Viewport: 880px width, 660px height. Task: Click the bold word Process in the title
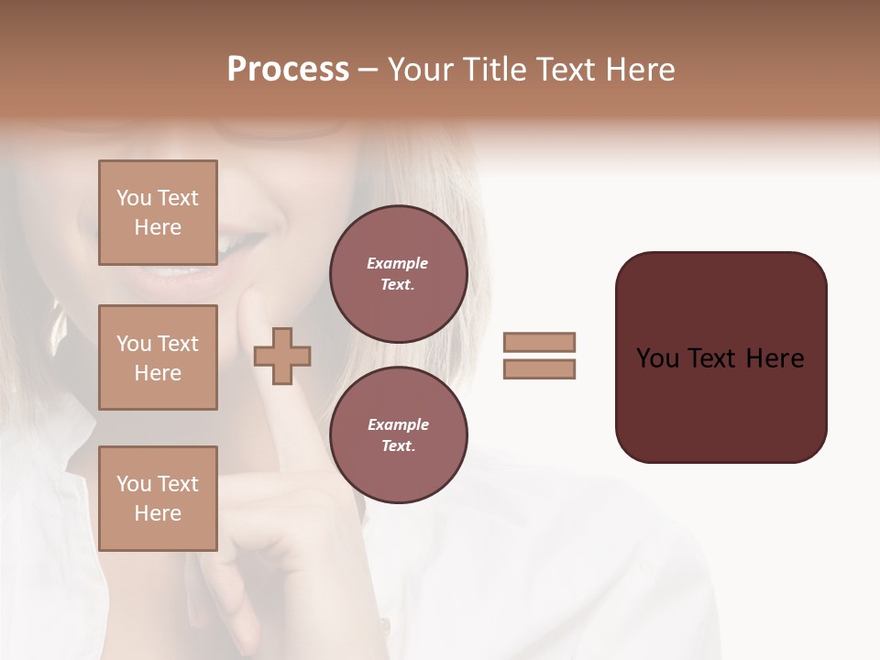click(288, 70)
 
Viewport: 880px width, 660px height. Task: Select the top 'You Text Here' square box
click(158, 214)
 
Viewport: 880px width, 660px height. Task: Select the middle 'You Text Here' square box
click(158, 357)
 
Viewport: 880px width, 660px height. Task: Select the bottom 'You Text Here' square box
click(158, 499)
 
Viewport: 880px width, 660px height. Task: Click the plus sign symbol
click(282, 356)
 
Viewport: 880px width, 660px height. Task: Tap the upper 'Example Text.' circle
click(398, 274)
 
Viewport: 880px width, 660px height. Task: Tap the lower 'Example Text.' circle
click(398, 435)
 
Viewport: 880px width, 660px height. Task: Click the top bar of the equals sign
click(539, 342)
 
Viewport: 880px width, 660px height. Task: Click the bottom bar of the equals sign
click(539, 369)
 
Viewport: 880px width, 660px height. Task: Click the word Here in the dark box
click(775, 358)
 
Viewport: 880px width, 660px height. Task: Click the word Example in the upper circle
click(398, 264)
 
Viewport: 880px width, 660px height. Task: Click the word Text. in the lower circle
click(398, 446)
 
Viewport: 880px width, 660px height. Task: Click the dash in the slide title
click(368, 71)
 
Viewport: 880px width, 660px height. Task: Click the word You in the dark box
click(657, 358)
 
